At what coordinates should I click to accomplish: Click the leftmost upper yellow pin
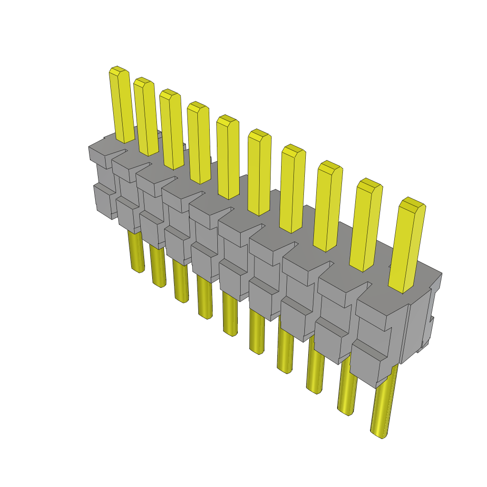point(121,107)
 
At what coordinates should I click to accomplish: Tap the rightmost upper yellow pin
point(407,247)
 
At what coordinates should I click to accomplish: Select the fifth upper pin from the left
point(228,159)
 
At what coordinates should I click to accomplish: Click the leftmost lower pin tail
point(136,252)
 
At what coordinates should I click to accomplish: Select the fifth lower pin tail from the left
point(230,314)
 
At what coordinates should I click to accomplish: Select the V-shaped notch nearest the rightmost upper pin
point(364,288)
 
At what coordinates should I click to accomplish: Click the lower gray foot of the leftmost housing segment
point(104,200)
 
